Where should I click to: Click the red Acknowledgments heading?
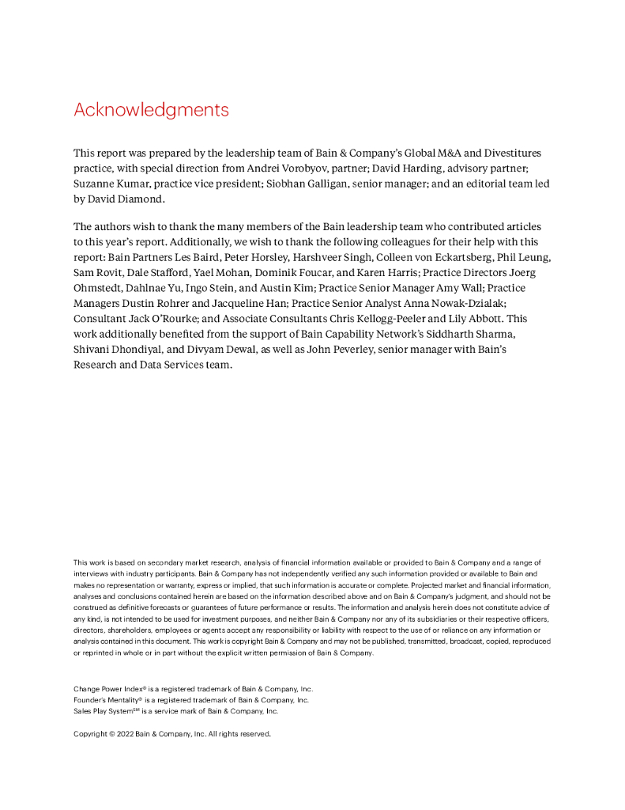pyautogui.click(x=151, y=110)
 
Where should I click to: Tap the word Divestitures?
pyautogui.click(x=509, y=153)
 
